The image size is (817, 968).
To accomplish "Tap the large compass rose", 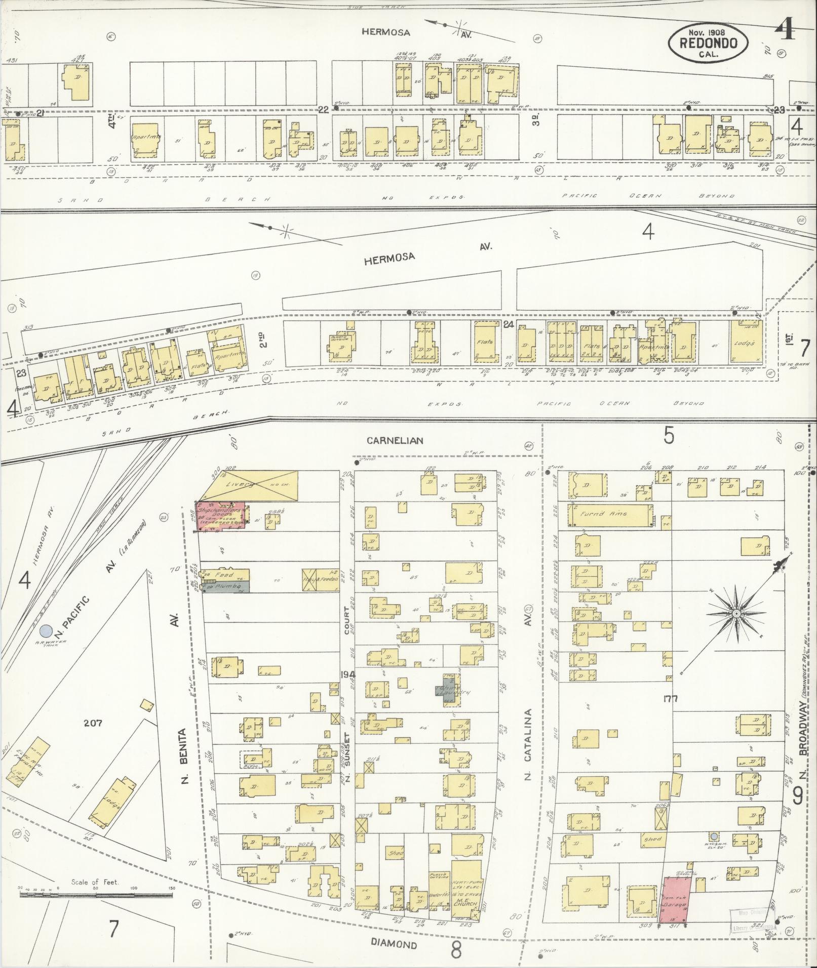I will (736, 613).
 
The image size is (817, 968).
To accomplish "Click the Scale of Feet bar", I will (96, 895).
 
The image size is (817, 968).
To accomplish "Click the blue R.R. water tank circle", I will (46, 631).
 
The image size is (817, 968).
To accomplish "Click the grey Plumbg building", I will (226, 586).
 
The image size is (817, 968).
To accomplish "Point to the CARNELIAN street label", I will (395, 441).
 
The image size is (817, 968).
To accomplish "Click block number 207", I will (94, 723).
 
